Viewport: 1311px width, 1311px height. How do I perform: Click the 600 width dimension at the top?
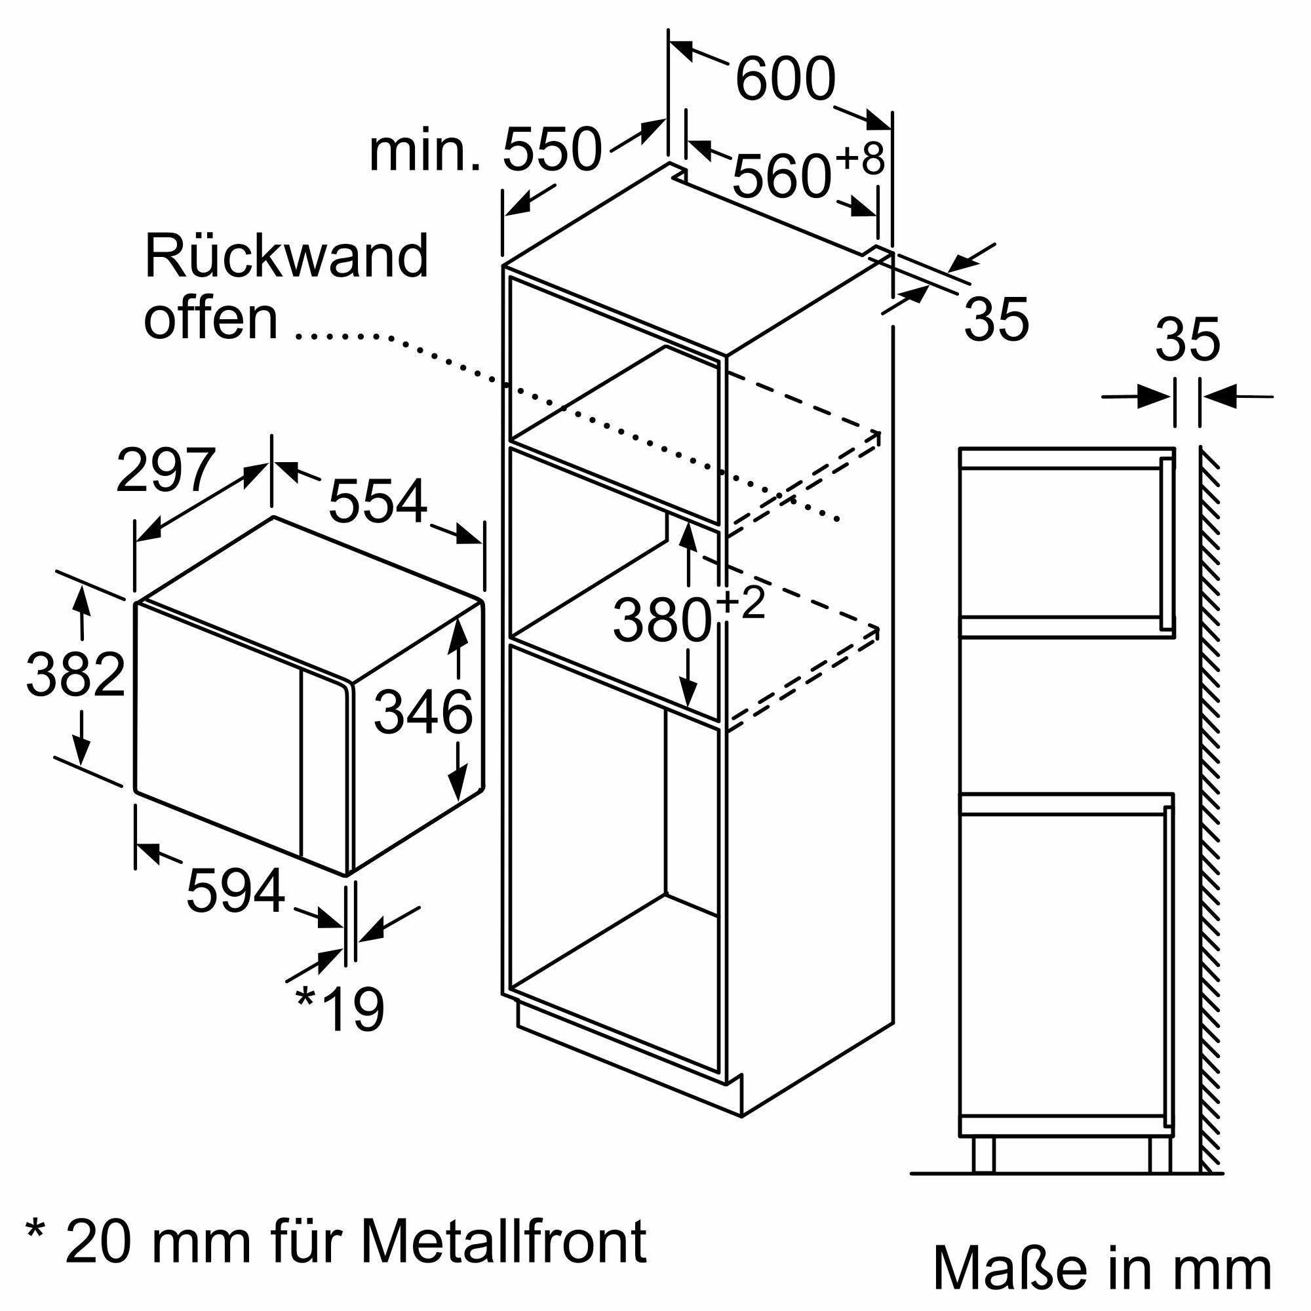click(x=785, y=79)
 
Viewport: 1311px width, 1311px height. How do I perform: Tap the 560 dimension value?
click(x=781, y=176)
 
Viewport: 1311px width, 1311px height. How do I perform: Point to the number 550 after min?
click(x=552, y=150)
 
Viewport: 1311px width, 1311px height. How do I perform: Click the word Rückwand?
click(x=286, y=256)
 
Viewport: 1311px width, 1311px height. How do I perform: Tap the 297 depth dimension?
click(x=166, y=470)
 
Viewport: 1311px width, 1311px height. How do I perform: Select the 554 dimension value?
click(x=378, y=501)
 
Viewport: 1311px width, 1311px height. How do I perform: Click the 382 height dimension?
click(x=75, y=674)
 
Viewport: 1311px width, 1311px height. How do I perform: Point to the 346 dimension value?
click(x=423, y=712)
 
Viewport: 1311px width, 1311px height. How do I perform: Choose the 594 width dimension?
click(x=235, y=891)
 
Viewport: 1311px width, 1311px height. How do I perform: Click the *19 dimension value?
click(x=341, y=1009)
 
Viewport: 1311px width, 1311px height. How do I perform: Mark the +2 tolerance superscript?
click(x=740, y=602)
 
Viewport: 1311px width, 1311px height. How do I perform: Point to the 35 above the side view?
click(x=1188, y=340)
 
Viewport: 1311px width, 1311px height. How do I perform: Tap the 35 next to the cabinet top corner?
click(x=996, y=319)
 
